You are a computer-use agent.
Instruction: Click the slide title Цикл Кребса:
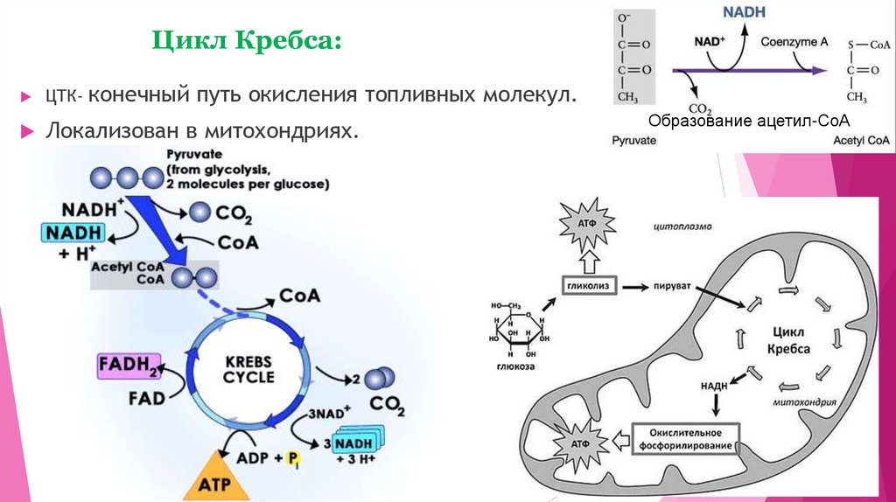(247, 41)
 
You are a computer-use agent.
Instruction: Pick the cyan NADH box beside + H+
(73, 233)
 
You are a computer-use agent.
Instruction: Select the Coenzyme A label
(793, 41)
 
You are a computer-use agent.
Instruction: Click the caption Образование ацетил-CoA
(750, 120)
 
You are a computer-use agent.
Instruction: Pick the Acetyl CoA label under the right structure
(861, 140)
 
